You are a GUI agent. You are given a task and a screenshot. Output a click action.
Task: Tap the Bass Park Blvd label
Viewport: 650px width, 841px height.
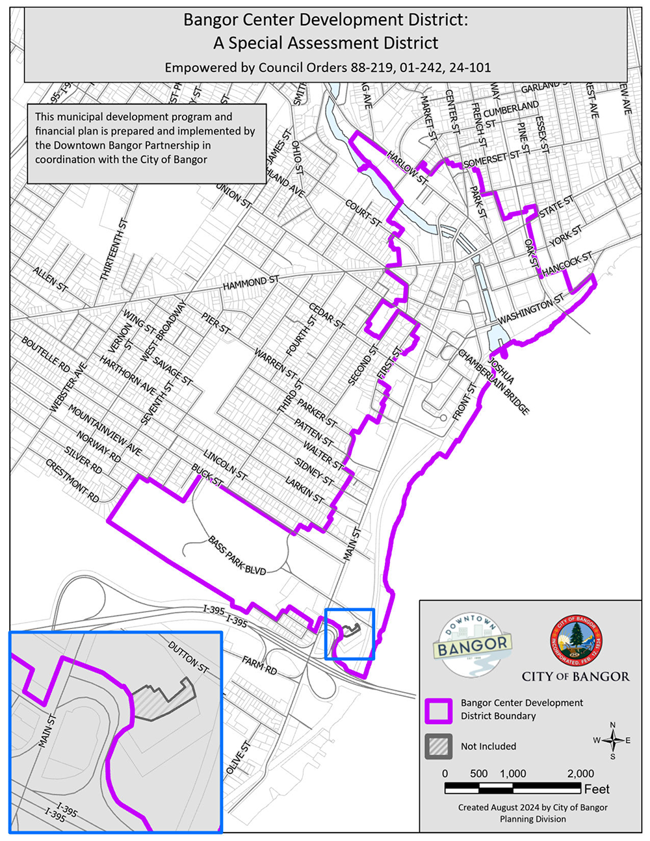[237, 556]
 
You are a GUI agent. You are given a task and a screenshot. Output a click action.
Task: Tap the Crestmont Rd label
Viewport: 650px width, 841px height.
[72, 481]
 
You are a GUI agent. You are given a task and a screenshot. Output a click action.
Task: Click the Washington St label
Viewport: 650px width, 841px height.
[532, 310]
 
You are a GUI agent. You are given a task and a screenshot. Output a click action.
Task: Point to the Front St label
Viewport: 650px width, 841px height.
[465, 400]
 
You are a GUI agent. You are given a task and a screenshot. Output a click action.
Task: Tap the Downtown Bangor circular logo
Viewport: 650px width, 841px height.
[473, 645]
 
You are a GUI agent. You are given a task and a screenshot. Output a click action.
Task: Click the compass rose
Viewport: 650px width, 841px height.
[612, 740]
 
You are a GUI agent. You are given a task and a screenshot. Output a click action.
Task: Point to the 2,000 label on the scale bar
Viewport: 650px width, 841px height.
[580, 773]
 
